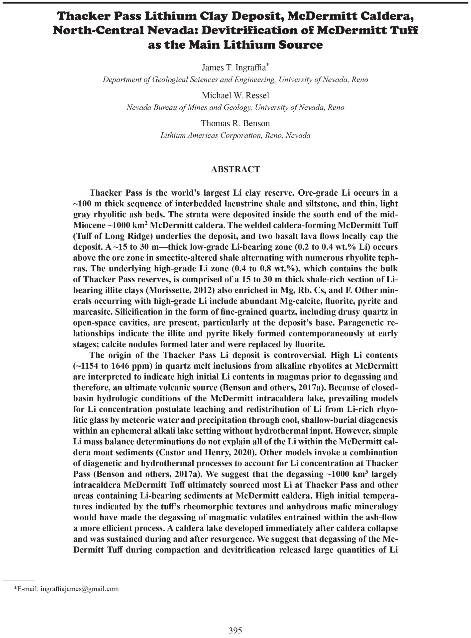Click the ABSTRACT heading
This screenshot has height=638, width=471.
[235, 169]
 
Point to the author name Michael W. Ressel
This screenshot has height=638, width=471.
[235, 95]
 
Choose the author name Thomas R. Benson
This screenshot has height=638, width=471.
[235, 123]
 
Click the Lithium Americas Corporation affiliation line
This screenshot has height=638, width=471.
[235, 135]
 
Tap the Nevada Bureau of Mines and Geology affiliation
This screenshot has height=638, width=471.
[235, 107]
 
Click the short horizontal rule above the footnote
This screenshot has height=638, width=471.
[19, 580]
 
